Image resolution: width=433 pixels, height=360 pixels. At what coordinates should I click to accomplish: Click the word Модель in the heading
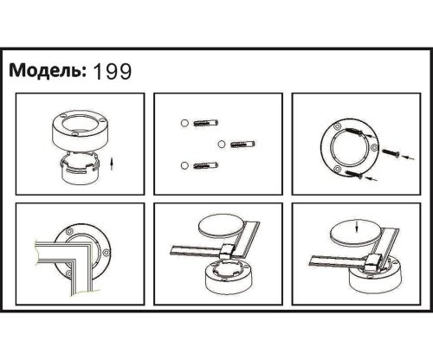(46, 72)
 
